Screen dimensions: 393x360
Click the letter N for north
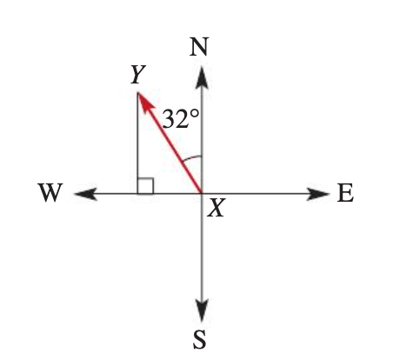199,47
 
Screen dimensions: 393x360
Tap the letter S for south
199,339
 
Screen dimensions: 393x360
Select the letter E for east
345,193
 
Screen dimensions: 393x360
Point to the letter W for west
50,192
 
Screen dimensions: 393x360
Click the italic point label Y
138,75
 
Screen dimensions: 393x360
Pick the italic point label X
216,209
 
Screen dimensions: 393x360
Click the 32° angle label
181,118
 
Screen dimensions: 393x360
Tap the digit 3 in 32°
169,119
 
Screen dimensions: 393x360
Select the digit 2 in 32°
182,119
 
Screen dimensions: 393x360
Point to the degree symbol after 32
195,114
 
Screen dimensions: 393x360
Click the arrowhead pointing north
202,77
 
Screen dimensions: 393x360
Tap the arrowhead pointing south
202,310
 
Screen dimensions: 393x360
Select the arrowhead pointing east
318,194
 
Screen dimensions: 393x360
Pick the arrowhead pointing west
86,194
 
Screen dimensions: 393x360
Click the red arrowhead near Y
146,102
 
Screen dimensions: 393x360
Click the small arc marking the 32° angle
191,157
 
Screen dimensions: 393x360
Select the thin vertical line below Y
137,143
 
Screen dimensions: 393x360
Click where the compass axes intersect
202,193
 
